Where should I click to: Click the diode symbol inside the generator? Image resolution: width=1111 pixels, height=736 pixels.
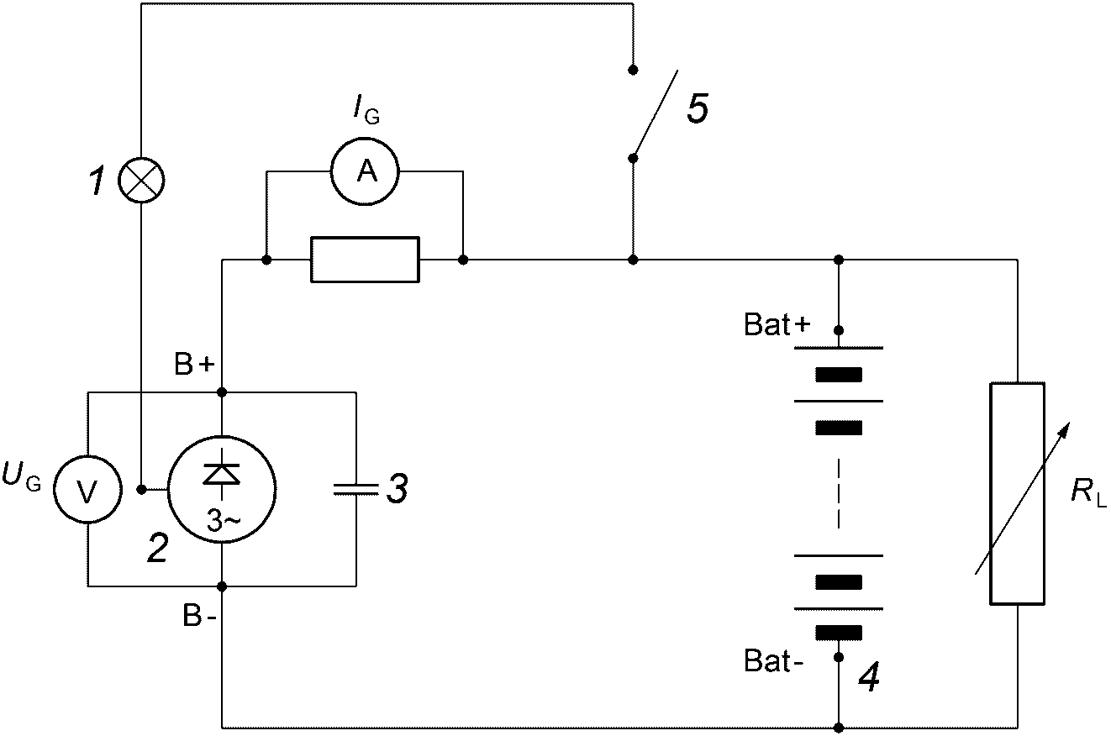[222, 474]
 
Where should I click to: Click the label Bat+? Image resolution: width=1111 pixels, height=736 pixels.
[777, 325]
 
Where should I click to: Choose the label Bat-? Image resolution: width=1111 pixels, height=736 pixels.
[772, 661]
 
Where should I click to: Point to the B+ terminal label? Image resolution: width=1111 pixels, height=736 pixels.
[194, 365]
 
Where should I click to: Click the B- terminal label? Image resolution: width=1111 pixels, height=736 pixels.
[199, 617]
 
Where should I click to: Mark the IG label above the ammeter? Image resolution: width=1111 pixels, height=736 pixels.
[366, 110]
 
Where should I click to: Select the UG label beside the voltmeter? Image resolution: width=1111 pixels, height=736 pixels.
[21, 476]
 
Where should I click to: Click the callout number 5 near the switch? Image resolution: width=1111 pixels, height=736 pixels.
[698, 108]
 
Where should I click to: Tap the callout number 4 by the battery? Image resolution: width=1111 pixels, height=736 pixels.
[869, 676]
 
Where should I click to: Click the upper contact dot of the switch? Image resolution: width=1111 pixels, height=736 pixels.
[633, 70]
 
